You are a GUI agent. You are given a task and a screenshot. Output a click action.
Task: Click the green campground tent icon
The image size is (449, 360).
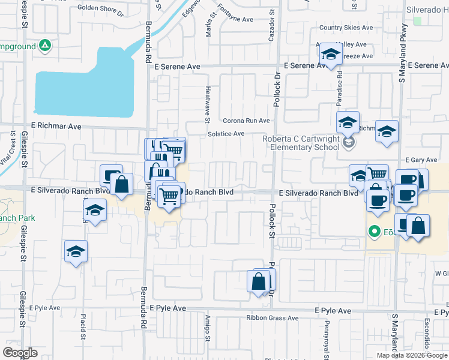pyautogui.click(x=45, y=46)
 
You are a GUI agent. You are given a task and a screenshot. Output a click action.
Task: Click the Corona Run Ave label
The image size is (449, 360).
pyautogui.click(x=247, y=121)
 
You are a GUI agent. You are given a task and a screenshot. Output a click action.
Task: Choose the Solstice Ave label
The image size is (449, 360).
pyautogui.click(x=226, y=133)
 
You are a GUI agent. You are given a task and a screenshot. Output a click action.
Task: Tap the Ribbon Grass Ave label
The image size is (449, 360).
pyautogui.click(x=272, y=318)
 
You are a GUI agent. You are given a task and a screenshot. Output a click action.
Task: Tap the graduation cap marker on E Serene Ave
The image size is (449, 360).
pyautogui.click(x=329, y=55)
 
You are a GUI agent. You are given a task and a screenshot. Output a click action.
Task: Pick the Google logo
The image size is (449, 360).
pyautogui.click(x=20, y=352)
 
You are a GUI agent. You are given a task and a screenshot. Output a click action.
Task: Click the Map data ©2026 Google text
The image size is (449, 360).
pyautogui.click(x=412, y=355)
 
